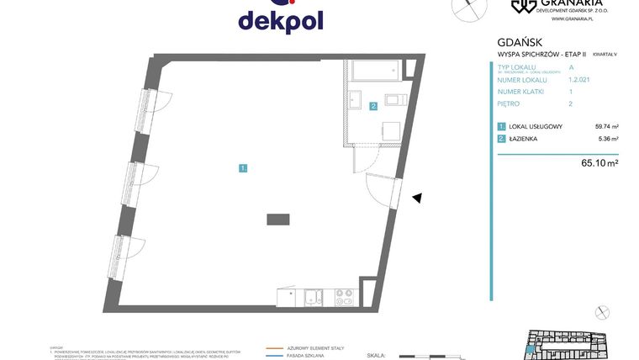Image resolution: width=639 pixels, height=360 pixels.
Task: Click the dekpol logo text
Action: coord(280,20)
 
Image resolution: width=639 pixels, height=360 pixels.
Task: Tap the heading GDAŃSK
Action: coord(515,41)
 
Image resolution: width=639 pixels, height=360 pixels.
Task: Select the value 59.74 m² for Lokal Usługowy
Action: coord(606,127)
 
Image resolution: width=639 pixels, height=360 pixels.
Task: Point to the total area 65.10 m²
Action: coord(600,163)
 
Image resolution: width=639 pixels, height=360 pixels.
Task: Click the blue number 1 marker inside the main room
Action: coord(243,168)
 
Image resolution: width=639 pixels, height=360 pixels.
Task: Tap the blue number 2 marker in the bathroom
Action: coord(373,106)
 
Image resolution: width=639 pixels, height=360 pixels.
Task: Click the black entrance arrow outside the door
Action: coord(416,199)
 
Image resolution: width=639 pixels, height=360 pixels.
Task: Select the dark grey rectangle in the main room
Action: coord(278,219)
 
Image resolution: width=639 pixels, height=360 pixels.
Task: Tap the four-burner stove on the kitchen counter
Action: coord(345,296)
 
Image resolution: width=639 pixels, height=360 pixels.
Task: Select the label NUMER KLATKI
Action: coord(522,91)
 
